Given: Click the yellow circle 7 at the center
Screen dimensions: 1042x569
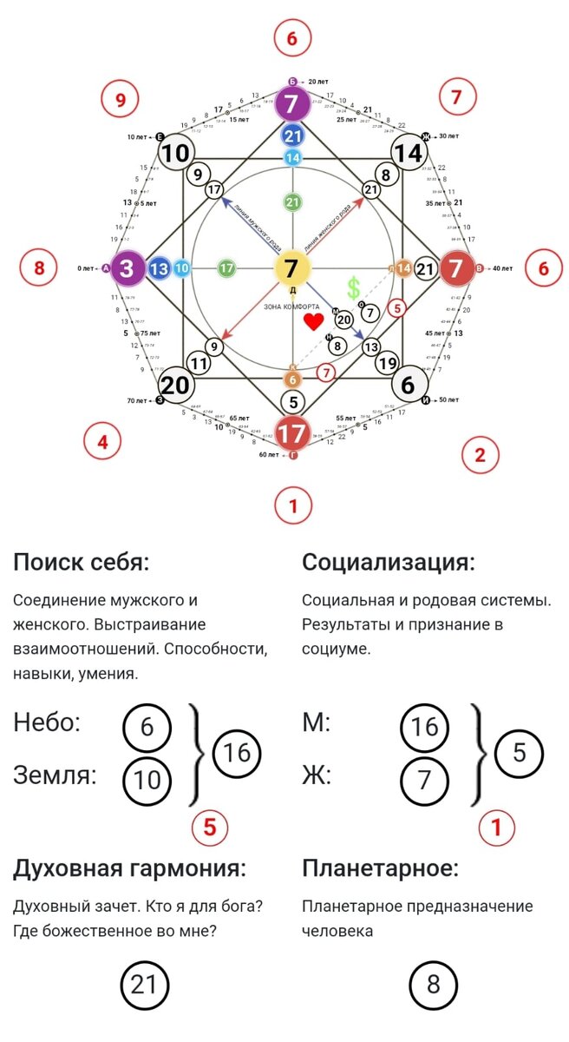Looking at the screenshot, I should tap(291, 269).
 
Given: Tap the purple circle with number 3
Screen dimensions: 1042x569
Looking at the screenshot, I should tap(127, 269).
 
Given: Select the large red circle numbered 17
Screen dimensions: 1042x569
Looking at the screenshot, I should tap(291, 432).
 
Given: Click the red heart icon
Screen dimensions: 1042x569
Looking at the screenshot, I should tap(313, 322).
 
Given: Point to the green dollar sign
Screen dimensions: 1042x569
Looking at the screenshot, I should tap(353, 288).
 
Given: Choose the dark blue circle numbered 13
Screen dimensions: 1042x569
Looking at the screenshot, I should tap(159, 269).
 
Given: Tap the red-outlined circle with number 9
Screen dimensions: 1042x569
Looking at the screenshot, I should tap(121, 101).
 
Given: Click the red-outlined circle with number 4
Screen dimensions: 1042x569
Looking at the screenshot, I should tap(102, 442).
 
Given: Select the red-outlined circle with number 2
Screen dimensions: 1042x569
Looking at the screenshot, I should tap(480, 454).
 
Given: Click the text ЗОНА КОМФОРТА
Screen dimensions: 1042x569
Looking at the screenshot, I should tap(291, 306).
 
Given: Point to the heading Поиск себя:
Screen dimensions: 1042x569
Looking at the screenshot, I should tap(82, 562).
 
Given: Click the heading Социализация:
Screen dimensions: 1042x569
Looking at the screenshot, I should tap(388, 562).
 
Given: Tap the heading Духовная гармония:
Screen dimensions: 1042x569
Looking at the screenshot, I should tap(129, 868).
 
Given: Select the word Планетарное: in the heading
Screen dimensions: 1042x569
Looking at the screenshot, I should tap(380, 868).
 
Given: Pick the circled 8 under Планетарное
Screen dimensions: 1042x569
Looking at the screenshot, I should tap(433, 986).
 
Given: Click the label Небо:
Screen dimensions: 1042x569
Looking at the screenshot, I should tap(47, 722).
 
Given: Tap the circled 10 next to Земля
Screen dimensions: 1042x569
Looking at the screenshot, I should tap(147, 780).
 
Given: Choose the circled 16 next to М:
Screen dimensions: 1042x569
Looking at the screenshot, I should tap(425, 727).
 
